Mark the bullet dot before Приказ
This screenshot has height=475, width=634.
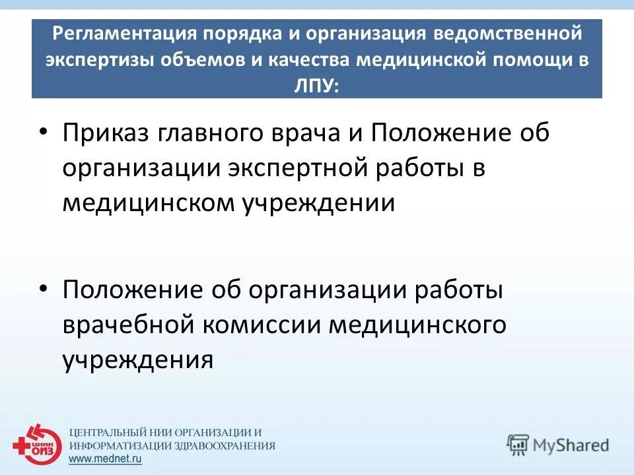[x=44, y=132]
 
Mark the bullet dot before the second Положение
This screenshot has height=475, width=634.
[x=44, y=288]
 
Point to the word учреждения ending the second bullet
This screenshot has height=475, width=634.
[x=138, y=360]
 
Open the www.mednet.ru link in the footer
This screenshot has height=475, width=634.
[x=106, y=460]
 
